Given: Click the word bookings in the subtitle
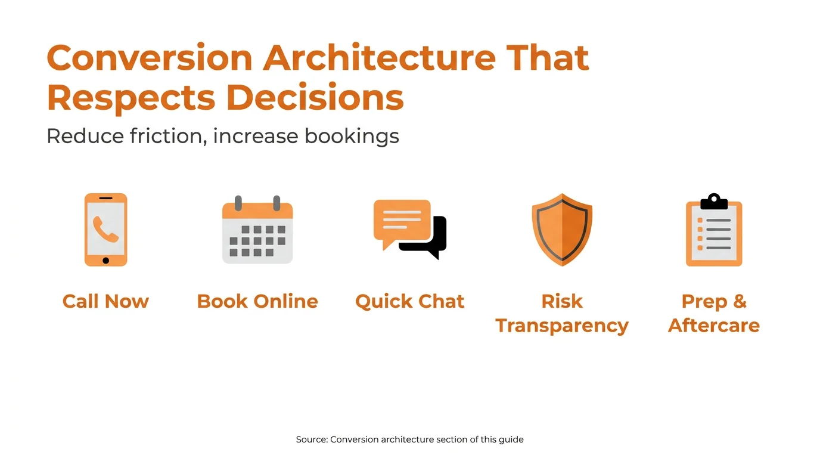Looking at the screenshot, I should (x=352, y=136).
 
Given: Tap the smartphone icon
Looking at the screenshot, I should (x=105, y=230).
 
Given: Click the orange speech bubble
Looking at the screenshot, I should (x=402, y=221).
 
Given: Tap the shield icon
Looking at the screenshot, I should (x=562, y=229).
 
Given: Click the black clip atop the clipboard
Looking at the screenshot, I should (x=714, y=202).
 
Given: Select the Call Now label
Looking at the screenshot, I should (x=105, y=301).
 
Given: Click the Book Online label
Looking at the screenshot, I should (x=257, y=301).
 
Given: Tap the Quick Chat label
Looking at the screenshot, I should (x=409, y=301).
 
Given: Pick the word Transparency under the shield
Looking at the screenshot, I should (x=562, y=326).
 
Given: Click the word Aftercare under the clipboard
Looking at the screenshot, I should (x=714, y=326).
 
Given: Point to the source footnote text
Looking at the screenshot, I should (x=409, y=440).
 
